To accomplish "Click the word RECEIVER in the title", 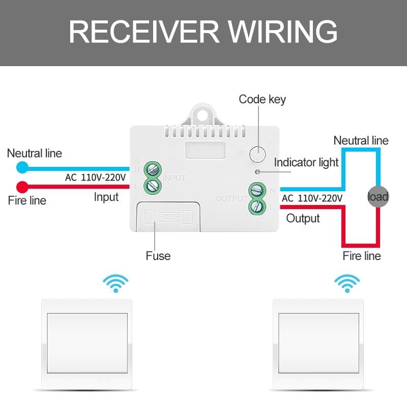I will pyautogui.click(x=144, y=32).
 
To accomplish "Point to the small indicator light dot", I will pyautogui.click(x=258, y=171).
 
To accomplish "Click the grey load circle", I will pyautogui.click(x=378, y=196).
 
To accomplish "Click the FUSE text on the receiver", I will pyautogui.click(x=168, y=217).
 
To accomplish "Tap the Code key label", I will pyautogui.click(x=262, y=99).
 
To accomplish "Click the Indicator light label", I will pyautogui.click(x=306, y=162).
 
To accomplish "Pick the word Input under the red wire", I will pyautogui.click(x=106, y=196).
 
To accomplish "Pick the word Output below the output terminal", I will pyautogui.click(x=303, y=218).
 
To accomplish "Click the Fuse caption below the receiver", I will pyautogui.click(x=158, y=255).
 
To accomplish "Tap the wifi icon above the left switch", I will pyautogui.click(x=115, y=283).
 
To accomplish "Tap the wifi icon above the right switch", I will pyautogui.click(x=347, y=283).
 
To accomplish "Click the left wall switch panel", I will pyautogui.click(x=87, y=343).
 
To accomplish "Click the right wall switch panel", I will pyautogui.click(x=318, y=343).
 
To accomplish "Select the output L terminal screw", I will pyautogui.click(x=256, y=207).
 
